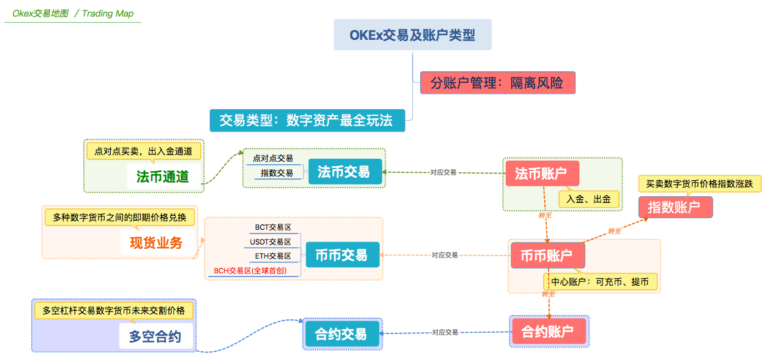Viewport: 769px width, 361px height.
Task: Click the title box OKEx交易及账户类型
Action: [x=413, y=35]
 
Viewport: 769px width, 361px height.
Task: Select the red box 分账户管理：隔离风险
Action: [x=497, y=83]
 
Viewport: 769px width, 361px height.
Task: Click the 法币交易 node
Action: [x=345, y=172]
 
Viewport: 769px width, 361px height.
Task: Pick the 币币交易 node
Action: [x=342, y=254]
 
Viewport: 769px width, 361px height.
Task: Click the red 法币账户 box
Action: [x=541, y=173]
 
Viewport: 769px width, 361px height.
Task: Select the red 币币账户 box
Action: [x=547, y=255]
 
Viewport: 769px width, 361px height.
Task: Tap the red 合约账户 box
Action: [x=548, y=332]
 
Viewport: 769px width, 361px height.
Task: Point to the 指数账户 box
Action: [x=675, y=207]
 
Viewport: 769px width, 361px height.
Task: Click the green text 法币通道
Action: [x=163, y=177]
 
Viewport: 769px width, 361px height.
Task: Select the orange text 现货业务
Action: [x=157, y=242]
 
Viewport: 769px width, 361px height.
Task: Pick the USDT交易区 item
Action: [x=271, y=241]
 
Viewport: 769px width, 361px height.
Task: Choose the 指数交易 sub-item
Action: [x=277, y=173]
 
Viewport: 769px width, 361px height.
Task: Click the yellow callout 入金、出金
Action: [x=589, y=199]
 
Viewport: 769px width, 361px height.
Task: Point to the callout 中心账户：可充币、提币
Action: [x=600, y=282]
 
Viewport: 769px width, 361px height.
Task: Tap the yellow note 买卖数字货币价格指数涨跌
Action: [x=699, y=183]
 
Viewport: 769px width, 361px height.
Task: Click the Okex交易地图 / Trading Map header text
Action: [x=73, y=13]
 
